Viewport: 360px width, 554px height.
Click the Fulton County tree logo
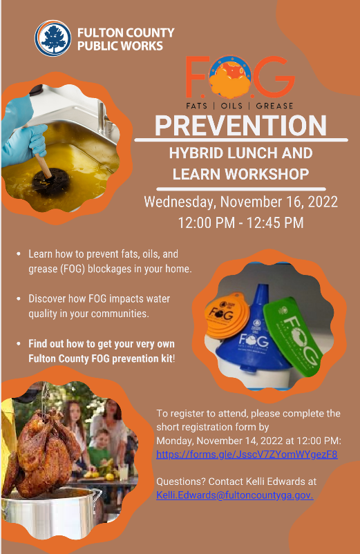(x=53, y=38)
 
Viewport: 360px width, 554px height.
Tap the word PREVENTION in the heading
(x=240, y=125)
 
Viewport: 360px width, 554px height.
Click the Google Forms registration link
(x=247, y=454)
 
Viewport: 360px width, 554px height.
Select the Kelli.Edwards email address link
(x=234, y=495)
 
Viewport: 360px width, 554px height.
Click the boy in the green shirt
(x=100, y=450)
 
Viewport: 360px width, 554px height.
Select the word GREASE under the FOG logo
(x=274, y=106)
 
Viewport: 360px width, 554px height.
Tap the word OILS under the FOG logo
(x=231, y=106)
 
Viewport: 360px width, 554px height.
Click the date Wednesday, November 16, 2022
(x=241, y=202)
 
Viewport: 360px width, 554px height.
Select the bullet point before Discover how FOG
(x=19, y=299)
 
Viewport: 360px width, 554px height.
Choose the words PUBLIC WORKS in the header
(x=120, y=46)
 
